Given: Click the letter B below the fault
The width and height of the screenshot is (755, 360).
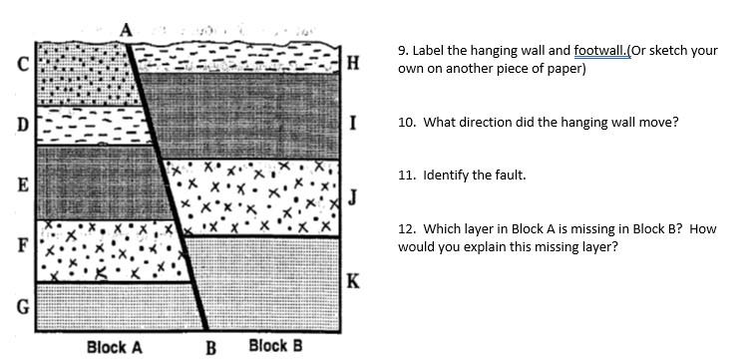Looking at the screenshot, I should pyautogui.click(x=210, y=348).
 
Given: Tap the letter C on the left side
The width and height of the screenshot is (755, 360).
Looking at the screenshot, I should pyautogui.click(x=21, y=66).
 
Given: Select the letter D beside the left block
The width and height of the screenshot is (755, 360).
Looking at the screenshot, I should pyautogui.click(x=21, y=126).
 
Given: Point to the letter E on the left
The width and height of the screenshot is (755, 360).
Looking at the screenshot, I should pyautogui.click(x=21, y=185).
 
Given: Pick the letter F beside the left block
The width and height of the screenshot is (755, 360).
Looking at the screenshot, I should pyautogui.click(x=21, y=245).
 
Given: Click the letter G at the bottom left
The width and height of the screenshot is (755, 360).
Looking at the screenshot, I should pyautogui.click(x=21, y=305).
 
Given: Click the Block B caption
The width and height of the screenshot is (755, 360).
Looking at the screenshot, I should pyautogui.click(x=275, y=346).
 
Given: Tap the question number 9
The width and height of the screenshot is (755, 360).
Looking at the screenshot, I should pyautogui.click(x=402, y=51).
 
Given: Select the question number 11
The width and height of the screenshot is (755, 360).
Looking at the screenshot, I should pyautogui.click(x=405, y=175).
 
